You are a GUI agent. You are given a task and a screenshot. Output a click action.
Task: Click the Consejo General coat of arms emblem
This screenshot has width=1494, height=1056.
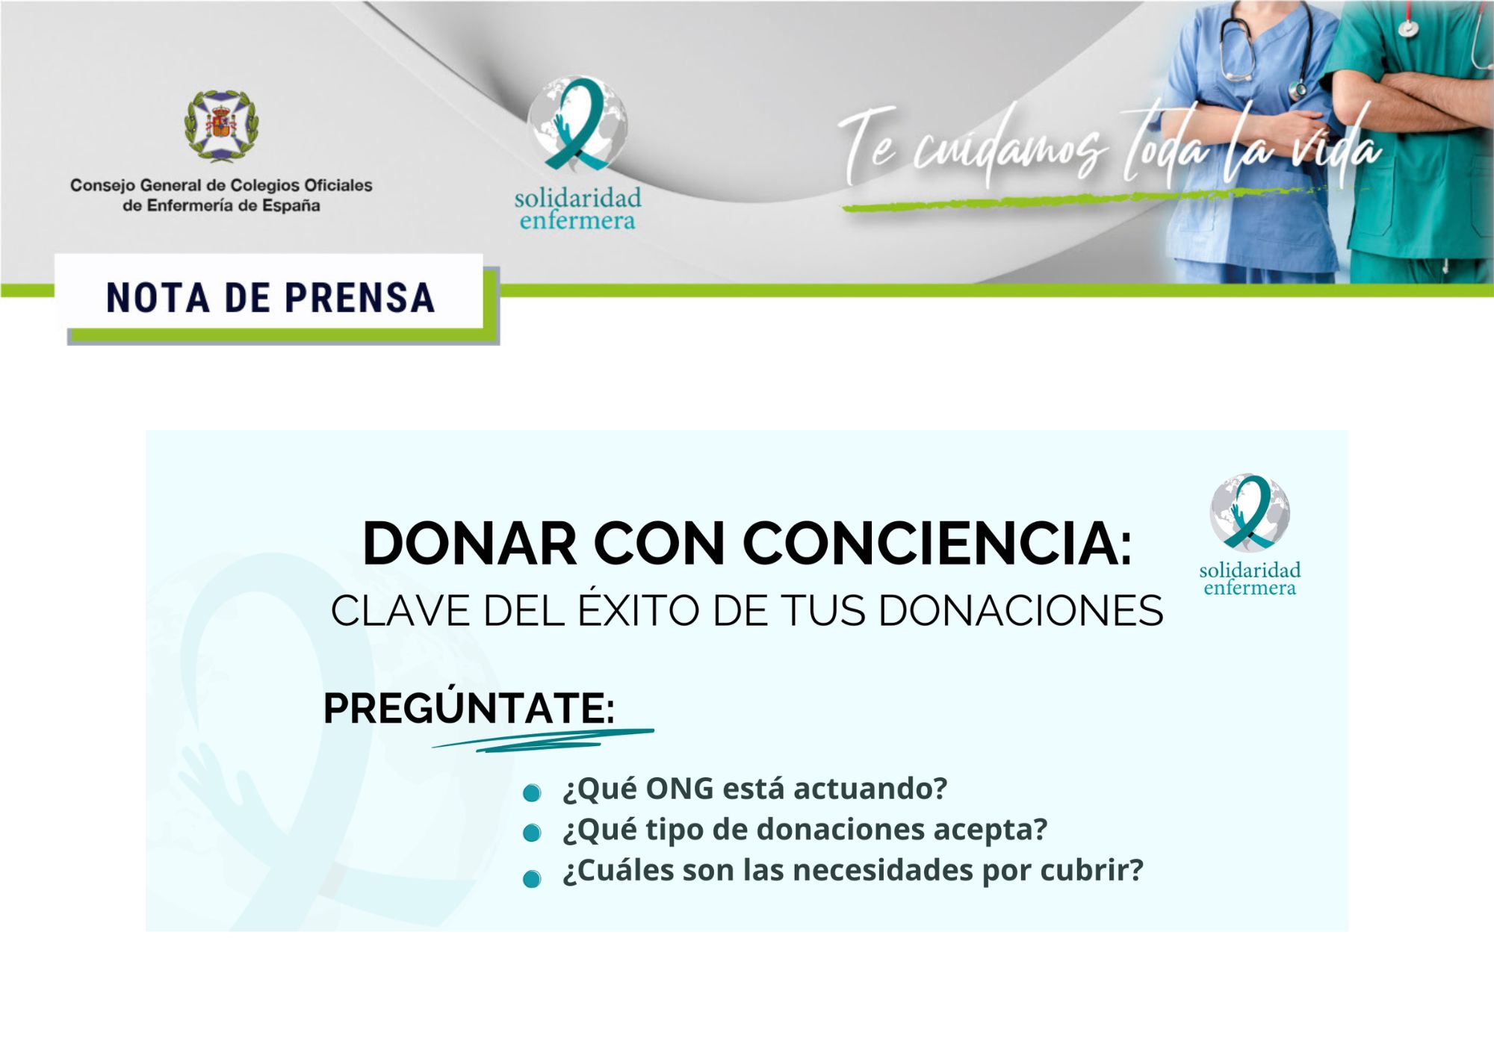[x=222, y=125]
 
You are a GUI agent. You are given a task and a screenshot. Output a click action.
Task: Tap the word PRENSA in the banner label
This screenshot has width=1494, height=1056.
[x=360, y=298]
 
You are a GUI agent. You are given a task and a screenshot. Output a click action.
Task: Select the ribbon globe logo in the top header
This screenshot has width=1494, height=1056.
[x=577, y=125]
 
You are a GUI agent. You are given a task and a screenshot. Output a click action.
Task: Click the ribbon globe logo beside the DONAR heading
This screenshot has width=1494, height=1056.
[x=1250, y=512]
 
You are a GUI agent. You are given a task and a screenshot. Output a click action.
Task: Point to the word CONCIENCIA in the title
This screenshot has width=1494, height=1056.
[x=937, y=543]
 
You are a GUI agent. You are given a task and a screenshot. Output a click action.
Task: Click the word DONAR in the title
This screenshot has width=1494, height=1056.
[x=470, y=543]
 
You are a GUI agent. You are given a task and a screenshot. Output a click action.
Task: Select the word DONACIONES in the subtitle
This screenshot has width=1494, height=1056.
[x=1020, y=611]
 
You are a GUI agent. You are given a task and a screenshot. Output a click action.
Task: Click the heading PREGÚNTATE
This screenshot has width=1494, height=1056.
[x=469, y=707]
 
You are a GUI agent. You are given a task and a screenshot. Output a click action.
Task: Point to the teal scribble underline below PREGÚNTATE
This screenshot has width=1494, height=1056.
[x=543, y=740]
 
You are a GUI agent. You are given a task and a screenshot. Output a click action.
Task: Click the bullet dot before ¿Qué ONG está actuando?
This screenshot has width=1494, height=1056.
[x=532, y=793]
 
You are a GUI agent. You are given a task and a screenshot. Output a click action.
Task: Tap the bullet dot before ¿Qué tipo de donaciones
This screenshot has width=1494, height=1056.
[x=532, y=833]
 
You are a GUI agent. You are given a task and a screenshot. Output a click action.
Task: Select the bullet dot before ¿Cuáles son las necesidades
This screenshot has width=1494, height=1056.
[x=532, y=879]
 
